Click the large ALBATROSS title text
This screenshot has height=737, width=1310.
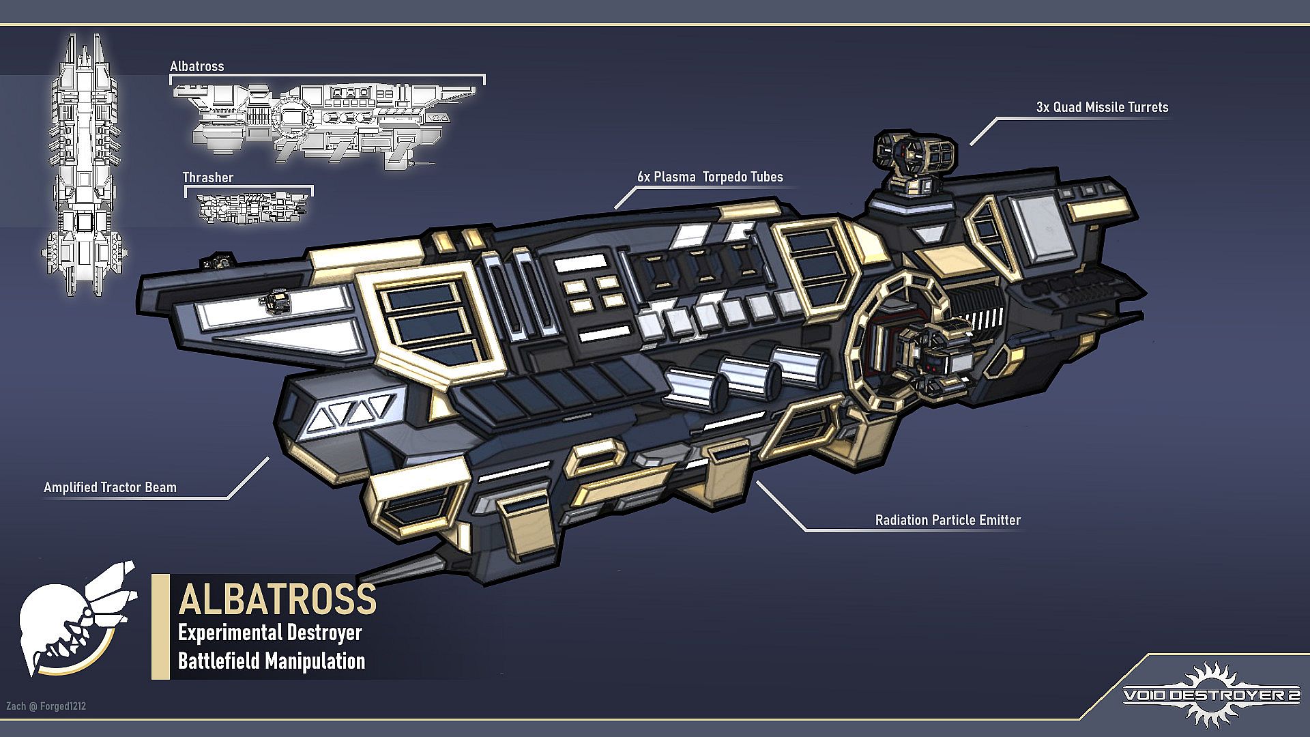point(277,598)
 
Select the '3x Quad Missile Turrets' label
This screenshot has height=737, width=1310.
point(1102,107)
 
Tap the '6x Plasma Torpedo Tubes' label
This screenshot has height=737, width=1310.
point(710,177)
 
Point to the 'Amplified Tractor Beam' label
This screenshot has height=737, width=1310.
point(110,487)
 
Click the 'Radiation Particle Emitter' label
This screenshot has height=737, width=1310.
point(948,520)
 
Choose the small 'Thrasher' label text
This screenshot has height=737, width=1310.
point(207,177)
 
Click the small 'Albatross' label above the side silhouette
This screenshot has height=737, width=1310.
point(196,66)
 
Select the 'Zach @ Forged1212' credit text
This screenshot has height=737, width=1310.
point(46,706)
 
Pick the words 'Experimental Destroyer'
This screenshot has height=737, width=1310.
point(270,633)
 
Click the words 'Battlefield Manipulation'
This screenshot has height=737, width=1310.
point(272,661)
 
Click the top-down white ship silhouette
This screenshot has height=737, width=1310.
point(85,164)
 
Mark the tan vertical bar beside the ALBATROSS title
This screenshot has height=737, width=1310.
point(160,626)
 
